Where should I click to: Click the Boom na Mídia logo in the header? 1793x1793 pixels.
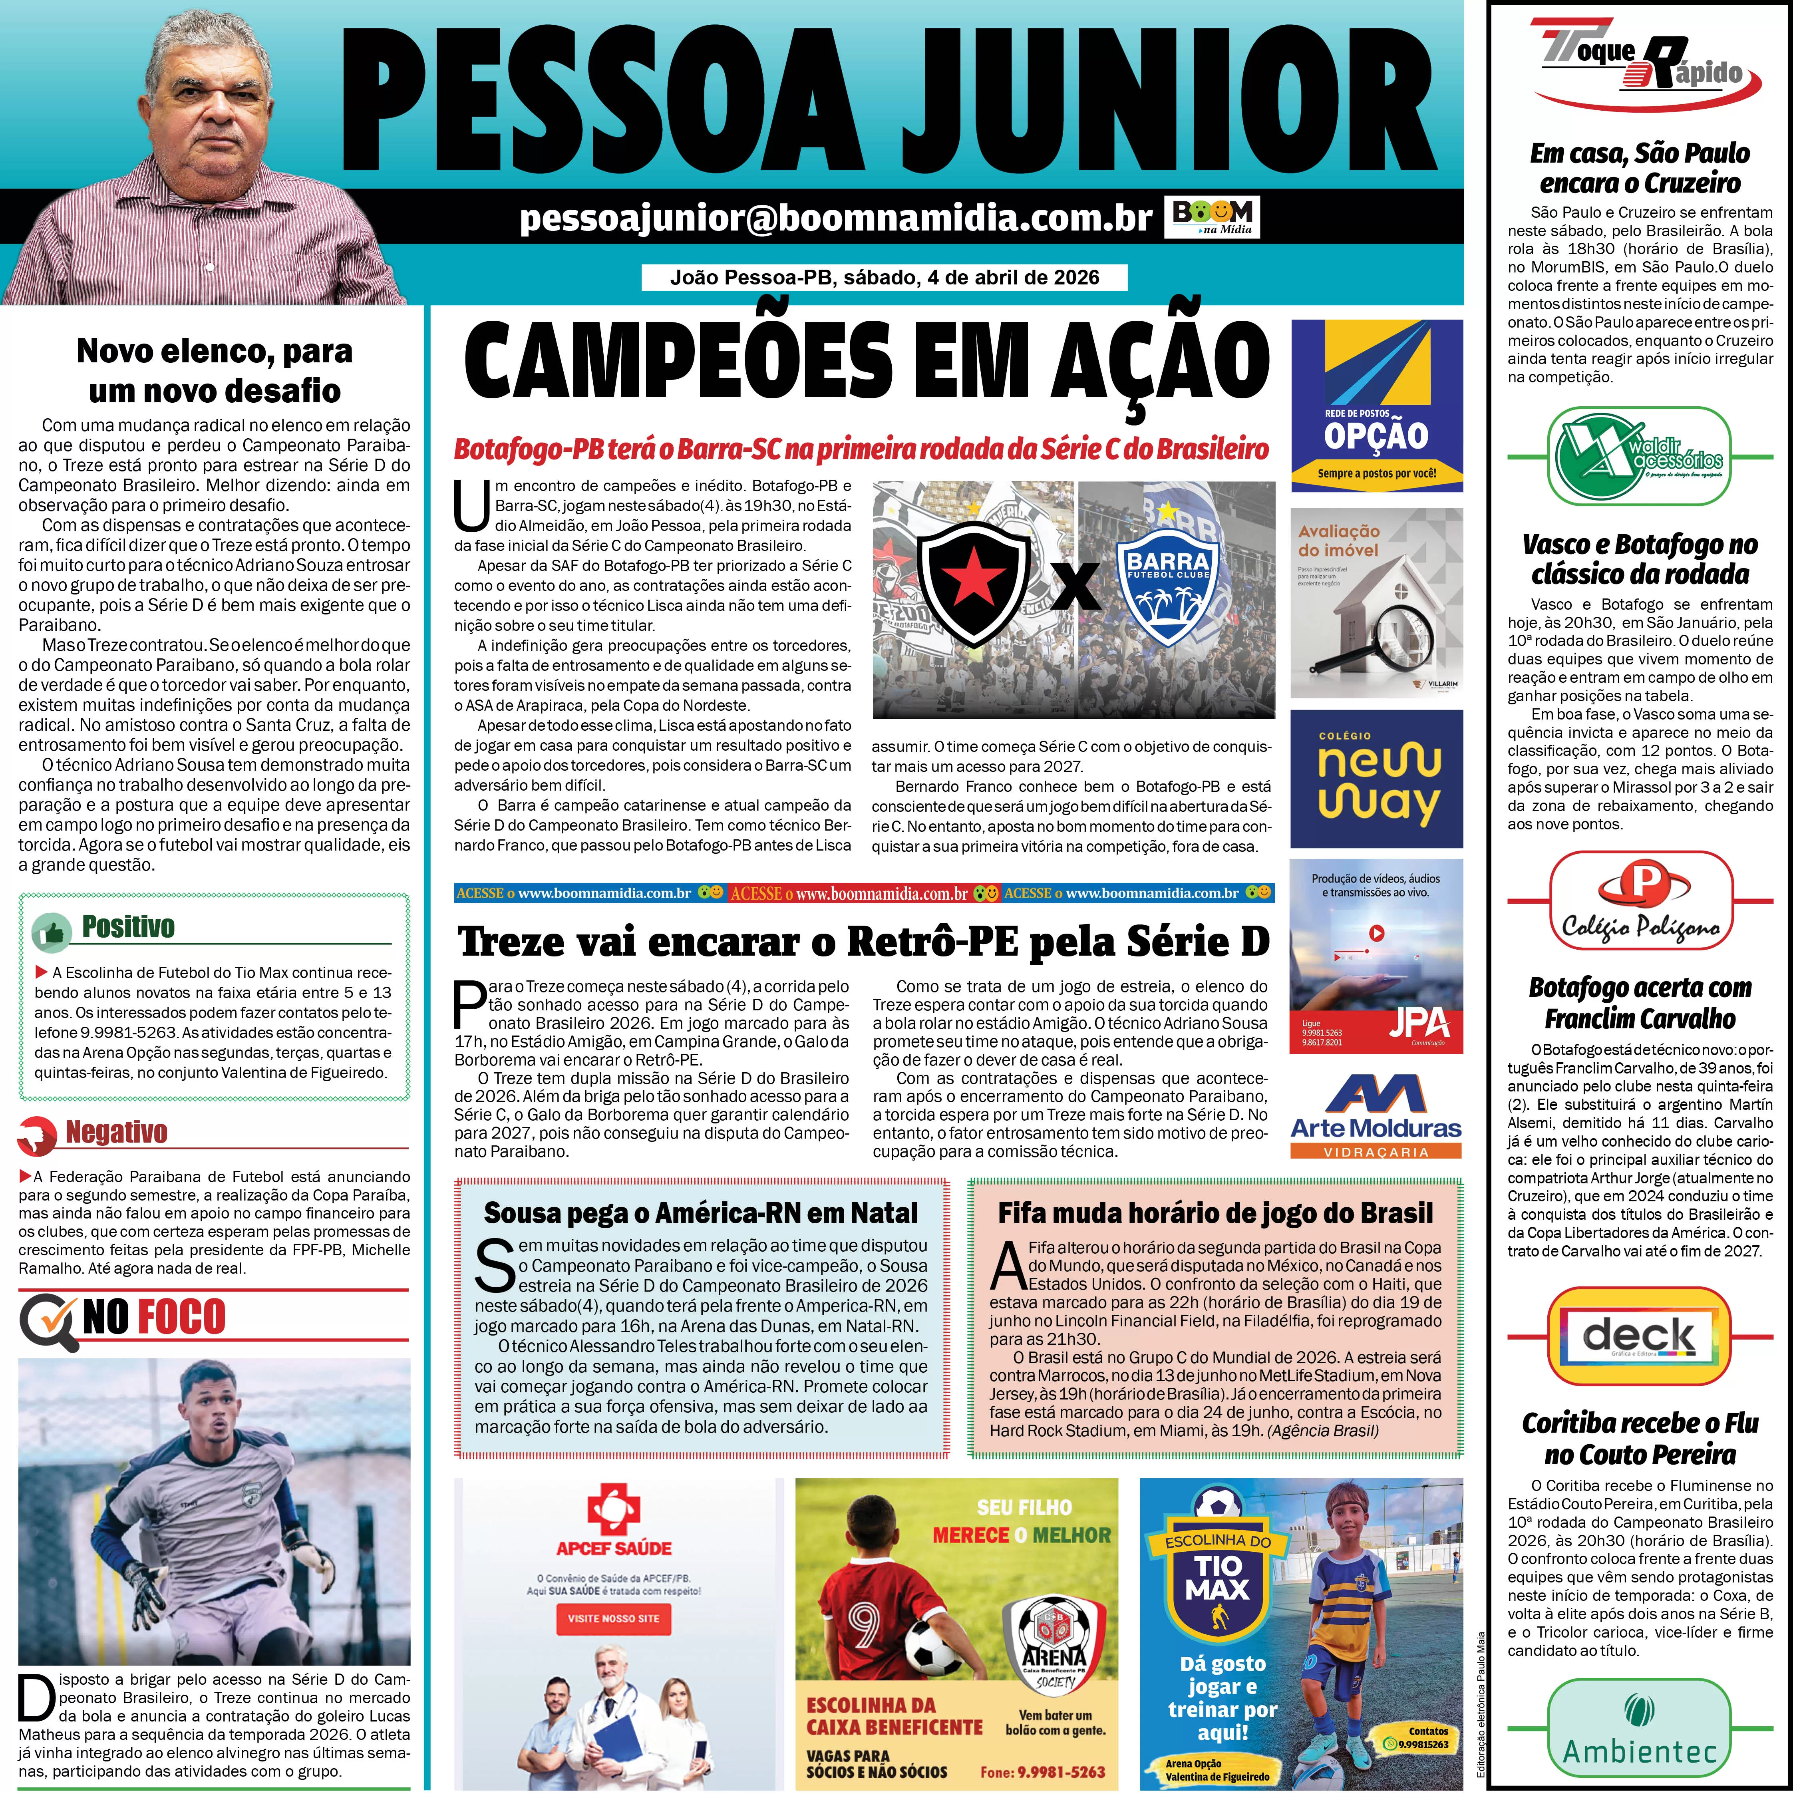1211,217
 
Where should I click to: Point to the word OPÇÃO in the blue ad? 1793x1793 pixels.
1376,435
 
